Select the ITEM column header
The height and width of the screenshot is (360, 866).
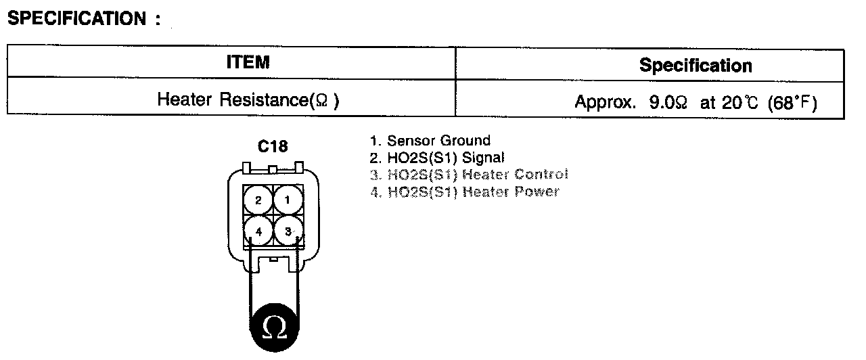pos(248,63)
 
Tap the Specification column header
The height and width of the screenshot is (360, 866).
pos(695,66)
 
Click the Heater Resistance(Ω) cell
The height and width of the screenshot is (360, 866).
pos(248,100)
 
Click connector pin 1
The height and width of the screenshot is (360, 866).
pos(288,200)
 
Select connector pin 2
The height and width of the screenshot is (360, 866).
pos(258,200)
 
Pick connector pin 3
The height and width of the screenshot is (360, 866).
pos(288,231)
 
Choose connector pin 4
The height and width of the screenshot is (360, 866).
pos(258,231)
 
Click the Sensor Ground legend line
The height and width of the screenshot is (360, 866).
pos(430,141)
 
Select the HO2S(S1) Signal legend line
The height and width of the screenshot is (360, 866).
pos(436,158)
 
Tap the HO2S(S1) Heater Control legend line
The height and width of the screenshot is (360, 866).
pos(468,175)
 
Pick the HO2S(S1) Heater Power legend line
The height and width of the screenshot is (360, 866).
pos(464,192)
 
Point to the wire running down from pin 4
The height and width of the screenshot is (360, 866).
pos(250,277)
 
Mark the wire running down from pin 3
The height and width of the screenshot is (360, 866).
pos(296,277)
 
